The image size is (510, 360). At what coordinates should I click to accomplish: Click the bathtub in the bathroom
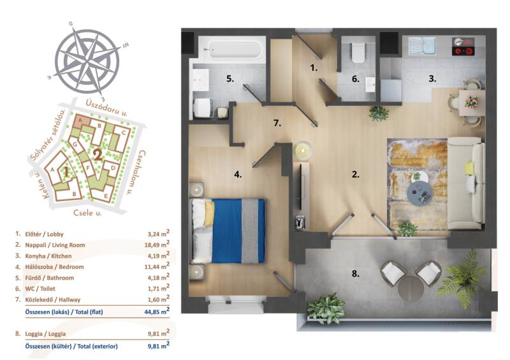pos(232,50)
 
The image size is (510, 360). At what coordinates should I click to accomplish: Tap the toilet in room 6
pos(358,52)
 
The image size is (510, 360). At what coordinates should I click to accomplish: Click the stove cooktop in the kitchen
pos(463,47)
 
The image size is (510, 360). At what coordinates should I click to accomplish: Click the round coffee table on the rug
pos(420,194)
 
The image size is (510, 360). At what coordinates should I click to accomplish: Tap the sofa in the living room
pos(466,184)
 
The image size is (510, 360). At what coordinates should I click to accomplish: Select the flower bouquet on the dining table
pos(471,101)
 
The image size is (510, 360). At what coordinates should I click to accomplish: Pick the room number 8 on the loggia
pos(355,274)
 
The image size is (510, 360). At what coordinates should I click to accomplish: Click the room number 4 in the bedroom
pos(238,175)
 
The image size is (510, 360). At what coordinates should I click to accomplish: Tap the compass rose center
pos(87,61)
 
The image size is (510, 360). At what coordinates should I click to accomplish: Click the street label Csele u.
pos(87,213)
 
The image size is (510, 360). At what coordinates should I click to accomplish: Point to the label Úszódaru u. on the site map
pos(106,108)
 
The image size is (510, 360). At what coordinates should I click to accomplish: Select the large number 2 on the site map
pos(98,155)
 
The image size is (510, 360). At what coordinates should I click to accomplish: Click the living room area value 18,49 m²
pos(157,245)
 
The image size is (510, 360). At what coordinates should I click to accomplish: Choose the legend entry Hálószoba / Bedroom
pos(54,267)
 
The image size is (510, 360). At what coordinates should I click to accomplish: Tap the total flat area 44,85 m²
pos(157,311)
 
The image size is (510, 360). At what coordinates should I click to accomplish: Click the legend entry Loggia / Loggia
pos(45,334)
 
